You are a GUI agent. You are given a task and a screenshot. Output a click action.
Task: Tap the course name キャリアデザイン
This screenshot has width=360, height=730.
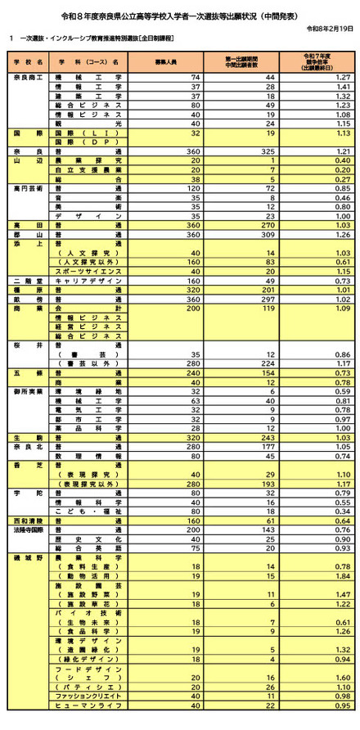point(88,281)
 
